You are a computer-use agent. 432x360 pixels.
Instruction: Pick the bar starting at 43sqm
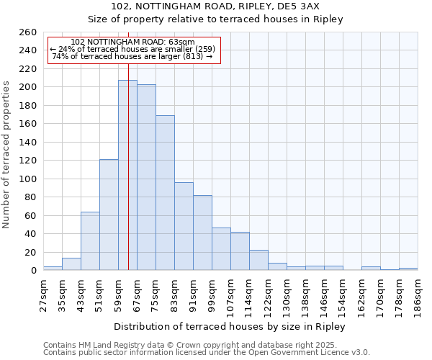point(90,241)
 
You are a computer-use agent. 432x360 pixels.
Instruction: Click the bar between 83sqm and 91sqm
point(184,226)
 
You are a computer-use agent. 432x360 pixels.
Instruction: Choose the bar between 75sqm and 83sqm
point(165,193)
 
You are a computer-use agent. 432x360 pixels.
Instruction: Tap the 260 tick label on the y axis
point(27,32)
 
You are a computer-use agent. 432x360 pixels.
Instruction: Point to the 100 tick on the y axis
point(27,179)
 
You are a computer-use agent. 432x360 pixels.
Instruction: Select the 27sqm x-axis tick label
point(43,294)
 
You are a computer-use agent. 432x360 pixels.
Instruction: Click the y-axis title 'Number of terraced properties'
point(6,154)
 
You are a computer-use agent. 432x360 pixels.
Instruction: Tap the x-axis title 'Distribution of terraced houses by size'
point(230,326)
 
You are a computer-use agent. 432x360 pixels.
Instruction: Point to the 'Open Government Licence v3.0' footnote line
point(207,352)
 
